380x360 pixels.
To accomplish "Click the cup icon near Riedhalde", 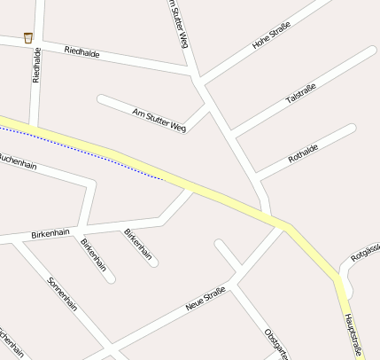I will click(28, 37).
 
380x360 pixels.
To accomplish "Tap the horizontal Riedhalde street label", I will click(82, 53).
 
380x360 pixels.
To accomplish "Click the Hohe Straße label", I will click(272, 37).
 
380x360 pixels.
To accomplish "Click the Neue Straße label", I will click(206, 298).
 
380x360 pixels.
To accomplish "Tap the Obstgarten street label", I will click(276, 343).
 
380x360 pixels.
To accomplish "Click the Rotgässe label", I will click(364, 255).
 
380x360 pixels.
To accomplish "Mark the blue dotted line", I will click(89, 152).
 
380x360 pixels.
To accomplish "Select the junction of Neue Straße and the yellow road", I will click(283, 225).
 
